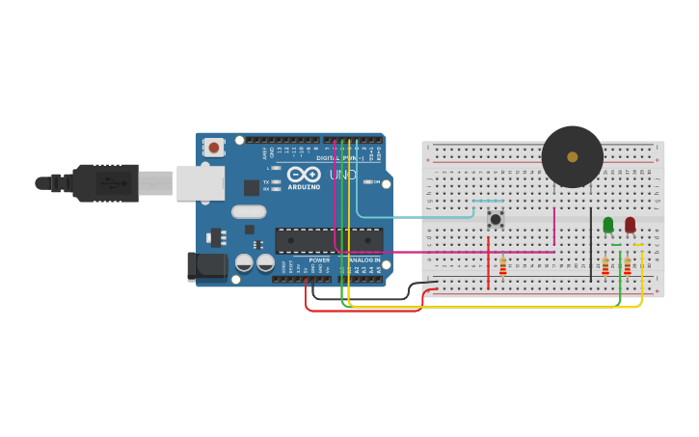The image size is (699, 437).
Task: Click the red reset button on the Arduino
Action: pyautogui.click(x=213, y=148)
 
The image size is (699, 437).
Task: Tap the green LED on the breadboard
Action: pyautogui.click(x=607, y=225)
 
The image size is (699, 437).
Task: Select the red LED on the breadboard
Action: pyautogui.click(x=630, y=225)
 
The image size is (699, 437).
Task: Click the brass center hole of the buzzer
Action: pyautogui.click(x=573, y=156)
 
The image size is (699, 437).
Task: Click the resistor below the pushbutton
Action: pyautogui.click(x=502, y=266)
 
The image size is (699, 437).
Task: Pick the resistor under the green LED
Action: pyautogui.click(x=605, y=266)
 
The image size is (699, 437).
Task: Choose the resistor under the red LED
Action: pyautogui.click(x=628, y=266)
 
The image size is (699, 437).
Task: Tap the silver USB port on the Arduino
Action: pyautogui.click(x=201, y=182)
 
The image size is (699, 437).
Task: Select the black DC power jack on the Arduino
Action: pyautogui.click(x=206, y=267)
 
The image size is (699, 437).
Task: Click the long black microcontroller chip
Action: pyautogui.click(x=328, y=240)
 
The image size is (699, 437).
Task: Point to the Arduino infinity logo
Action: pyautogui.click(x=304, y=175)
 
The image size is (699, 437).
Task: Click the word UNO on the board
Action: pyautogui.click(x=343, y=175)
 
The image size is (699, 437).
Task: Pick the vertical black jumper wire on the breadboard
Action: pyautogui.click(x=591, y=246)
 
